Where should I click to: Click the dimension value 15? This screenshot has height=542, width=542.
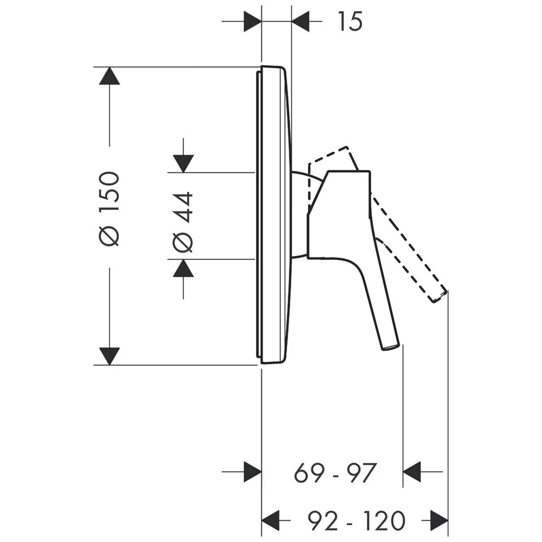350,22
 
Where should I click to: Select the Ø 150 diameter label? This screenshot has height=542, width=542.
109,209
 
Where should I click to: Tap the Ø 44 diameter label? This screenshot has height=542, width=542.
182,222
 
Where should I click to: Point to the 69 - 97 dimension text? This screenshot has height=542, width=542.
334,473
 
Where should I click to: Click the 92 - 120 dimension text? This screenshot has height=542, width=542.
356,520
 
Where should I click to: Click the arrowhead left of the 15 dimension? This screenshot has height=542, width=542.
253,22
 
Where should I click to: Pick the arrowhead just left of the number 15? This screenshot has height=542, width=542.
300,22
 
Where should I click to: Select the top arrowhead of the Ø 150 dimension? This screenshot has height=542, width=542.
109,76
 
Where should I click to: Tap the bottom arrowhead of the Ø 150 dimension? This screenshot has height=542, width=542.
109,356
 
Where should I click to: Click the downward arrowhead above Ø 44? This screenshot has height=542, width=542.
183,164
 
